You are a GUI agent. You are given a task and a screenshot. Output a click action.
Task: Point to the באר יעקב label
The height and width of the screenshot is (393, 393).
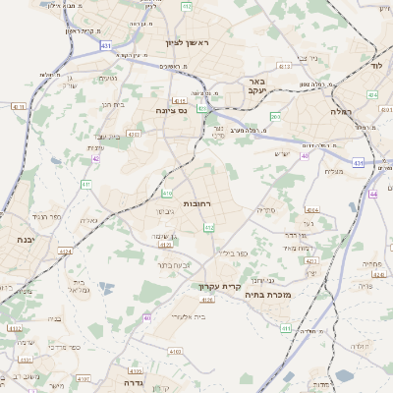(x=256, y=86)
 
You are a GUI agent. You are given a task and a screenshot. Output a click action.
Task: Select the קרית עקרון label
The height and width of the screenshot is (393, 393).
(x=220, y=286)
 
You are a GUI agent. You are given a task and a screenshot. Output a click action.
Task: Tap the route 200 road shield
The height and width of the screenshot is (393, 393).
(x=275, y=117)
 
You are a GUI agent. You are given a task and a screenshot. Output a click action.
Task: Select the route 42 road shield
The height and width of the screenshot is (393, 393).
(x=96, y=157)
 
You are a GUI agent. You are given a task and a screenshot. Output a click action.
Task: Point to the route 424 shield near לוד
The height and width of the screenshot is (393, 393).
(x=372, y=95)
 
